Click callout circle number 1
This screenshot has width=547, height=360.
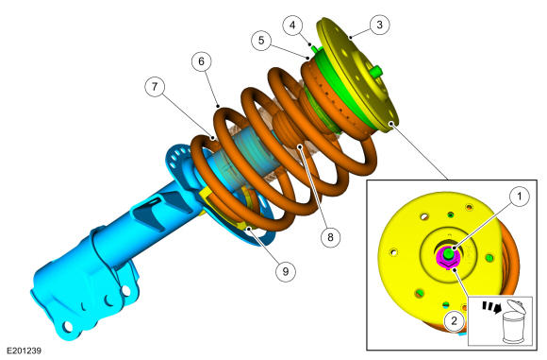520,197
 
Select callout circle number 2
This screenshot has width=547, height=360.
454,320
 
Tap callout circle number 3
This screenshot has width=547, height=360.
379,25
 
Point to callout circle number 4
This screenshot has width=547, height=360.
292,26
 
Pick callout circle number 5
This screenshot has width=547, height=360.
261,41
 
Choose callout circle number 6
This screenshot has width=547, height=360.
201,61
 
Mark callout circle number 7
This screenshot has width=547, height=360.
155,86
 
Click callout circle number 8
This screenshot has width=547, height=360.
330,237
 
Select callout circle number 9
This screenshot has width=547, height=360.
286,271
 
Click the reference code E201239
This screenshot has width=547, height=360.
25,351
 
